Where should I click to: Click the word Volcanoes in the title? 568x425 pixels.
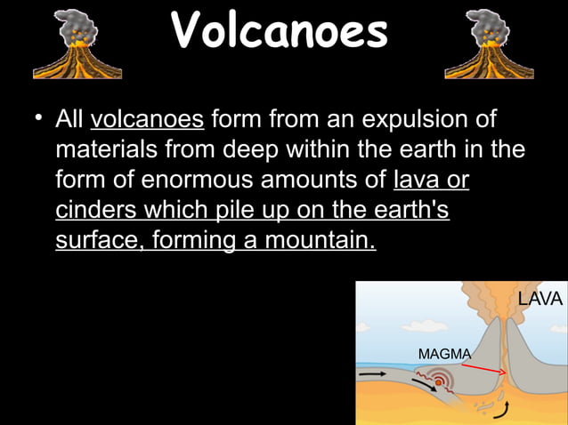click(280, 31)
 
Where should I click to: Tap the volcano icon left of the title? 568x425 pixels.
click(77, 44)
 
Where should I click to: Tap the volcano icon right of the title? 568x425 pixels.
click(490, 44)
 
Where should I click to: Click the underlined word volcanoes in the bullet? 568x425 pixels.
click(148, 119)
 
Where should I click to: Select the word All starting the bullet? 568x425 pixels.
click(69, 119)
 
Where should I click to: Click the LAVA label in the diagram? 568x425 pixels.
click(540, 300)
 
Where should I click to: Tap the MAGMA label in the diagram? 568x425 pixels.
click(444, 354)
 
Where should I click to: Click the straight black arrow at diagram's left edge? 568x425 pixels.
click(371, 375)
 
